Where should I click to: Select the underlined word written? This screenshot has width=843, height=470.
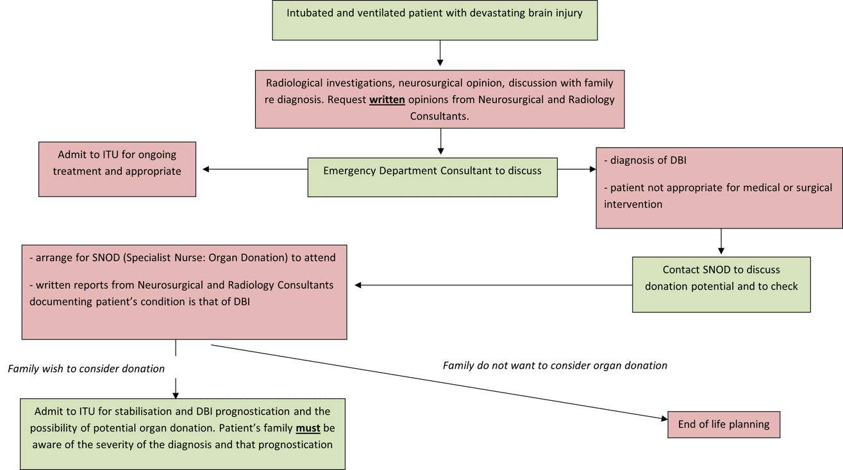point(387,100)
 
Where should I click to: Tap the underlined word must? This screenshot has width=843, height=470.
point(308,428)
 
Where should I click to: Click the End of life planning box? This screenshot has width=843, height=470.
point(724,425)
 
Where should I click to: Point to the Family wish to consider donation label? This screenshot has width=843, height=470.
point(87,368)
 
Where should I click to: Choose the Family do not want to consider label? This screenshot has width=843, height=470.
point(555,366)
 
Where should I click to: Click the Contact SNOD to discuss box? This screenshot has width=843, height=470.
point(721,278)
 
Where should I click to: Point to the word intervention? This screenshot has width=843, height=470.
point(633,204)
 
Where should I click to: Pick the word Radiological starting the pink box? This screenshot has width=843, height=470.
point(293,83)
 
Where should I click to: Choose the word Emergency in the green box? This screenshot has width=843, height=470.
point(349,171)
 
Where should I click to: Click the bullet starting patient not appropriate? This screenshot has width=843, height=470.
point(718,188)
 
